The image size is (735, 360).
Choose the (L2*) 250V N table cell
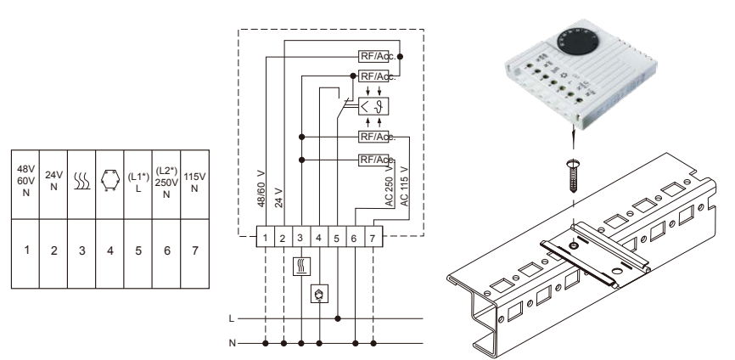point(166,182)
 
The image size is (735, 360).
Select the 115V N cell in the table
point(196,181)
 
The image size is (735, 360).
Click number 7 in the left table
point(196,251)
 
